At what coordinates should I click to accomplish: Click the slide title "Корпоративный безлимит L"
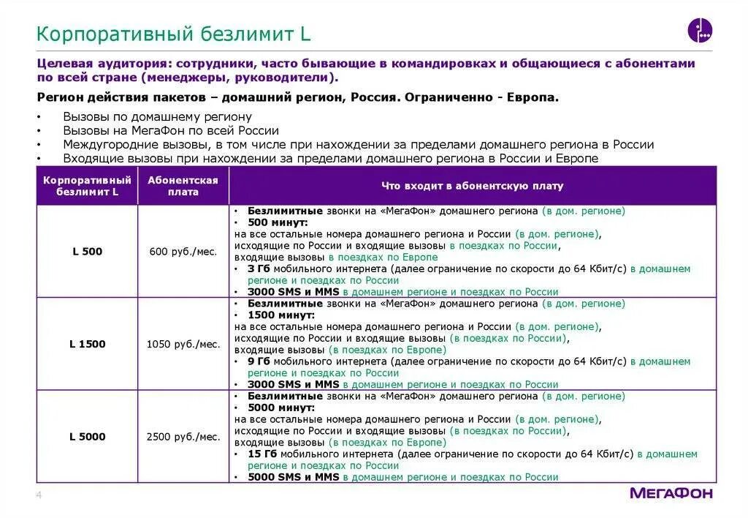point(174,34)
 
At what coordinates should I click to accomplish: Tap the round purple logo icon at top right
point(699,31)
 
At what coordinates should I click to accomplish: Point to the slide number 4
point(39,497)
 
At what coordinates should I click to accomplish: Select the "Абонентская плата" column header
point(183,186)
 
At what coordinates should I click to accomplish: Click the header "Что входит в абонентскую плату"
point(472,186)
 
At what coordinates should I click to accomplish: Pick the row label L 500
point(87,252)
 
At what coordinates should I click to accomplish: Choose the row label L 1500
point(87,344)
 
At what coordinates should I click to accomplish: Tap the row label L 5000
point(87,437)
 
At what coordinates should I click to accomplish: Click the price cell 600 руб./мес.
point(183,252)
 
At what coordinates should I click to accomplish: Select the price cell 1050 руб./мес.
point(183,344)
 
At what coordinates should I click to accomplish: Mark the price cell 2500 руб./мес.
point(183,437)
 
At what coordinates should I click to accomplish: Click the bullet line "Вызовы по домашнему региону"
point(157,116)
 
